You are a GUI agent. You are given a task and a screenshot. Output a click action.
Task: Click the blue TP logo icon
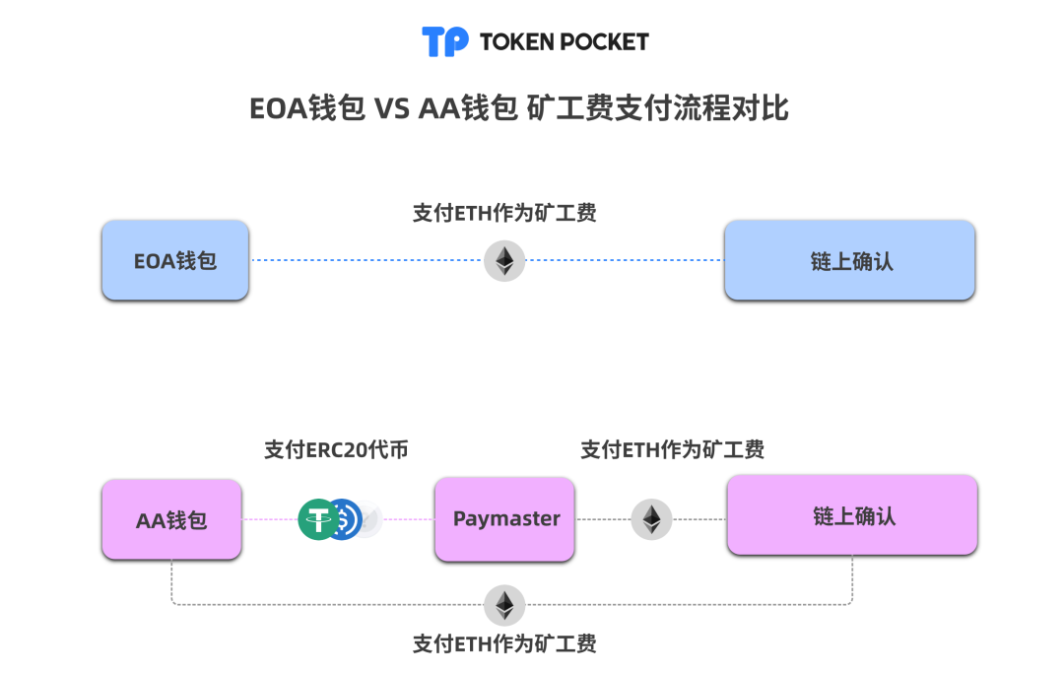coord(445,41)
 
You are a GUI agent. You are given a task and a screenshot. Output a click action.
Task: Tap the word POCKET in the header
coord(603,41)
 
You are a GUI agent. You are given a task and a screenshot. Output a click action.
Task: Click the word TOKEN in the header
coord(515,41)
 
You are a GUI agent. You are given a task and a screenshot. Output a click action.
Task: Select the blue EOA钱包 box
coord(175,260)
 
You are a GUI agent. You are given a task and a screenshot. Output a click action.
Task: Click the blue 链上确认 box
coord(849,260)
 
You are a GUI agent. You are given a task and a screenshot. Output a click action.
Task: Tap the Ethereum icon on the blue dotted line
coord(504,261)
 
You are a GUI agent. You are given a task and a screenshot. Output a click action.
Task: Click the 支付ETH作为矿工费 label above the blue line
coord(504,213)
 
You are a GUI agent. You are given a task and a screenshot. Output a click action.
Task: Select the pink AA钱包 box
coord(171,519)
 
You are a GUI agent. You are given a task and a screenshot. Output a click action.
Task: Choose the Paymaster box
coord(505,519)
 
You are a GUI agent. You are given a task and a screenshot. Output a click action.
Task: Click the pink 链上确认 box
coord(852,515)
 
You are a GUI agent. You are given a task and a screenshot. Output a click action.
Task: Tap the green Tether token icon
coord(318,519)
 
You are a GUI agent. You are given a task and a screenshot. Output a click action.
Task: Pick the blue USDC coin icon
coord(345,519)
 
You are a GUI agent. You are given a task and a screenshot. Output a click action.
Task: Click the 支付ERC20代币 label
coord(336,450)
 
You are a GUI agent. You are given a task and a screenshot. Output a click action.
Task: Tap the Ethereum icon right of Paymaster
coord(651,519)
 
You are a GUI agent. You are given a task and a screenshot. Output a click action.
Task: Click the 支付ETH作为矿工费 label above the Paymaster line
coord(673,450)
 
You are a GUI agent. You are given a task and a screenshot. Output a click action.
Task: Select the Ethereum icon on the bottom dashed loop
coord(504,604)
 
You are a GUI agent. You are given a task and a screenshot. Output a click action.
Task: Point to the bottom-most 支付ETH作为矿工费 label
coord(504,644)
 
